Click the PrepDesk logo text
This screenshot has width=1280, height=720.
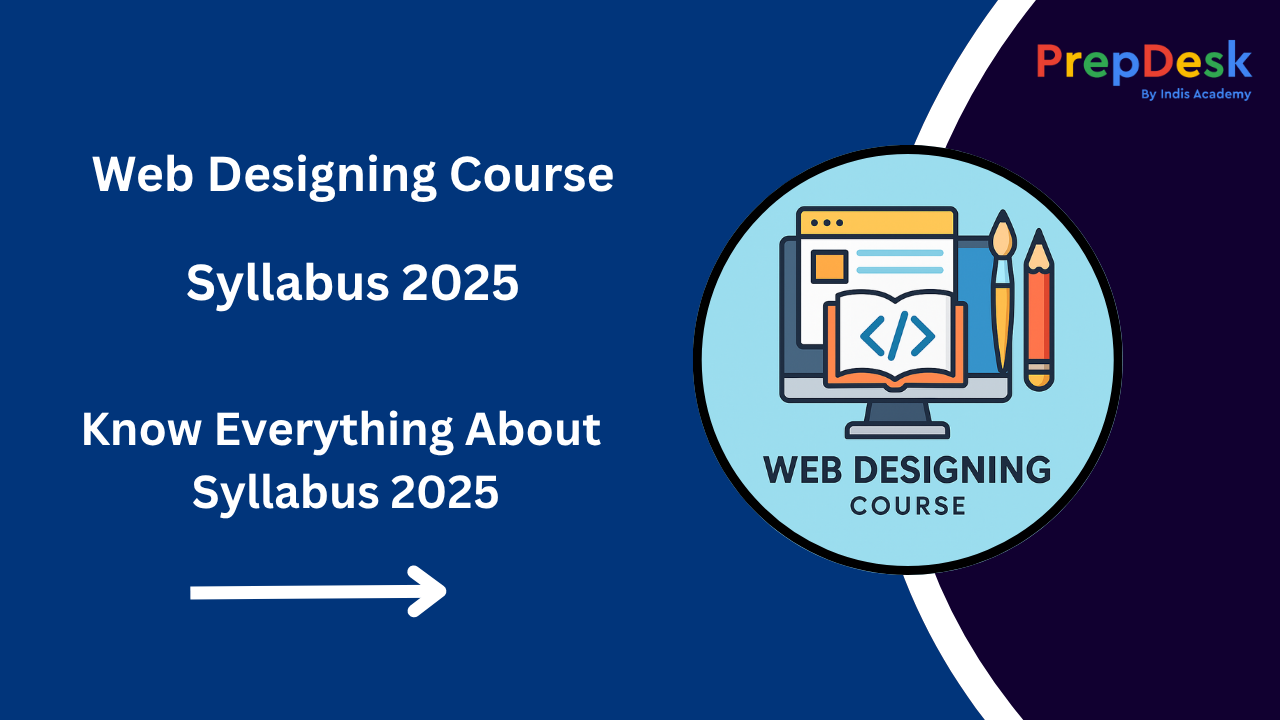point(1144,62)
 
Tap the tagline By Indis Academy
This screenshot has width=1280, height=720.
point(1196,94)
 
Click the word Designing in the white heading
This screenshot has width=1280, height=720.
point(322,175)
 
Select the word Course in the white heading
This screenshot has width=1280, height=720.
point(531,174)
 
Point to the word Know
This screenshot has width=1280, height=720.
point(141,429)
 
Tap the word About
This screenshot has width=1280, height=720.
point(533,429)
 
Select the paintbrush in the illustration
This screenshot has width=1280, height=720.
point(1002,291)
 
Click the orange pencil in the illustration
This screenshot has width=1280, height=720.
point(1039,310)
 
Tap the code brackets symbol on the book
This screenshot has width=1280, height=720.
point(897,335)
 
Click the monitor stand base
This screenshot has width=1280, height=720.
point(897,430)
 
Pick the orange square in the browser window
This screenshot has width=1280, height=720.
point(829,267)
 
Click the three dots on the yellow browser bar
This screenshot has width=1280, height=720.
point(827,222)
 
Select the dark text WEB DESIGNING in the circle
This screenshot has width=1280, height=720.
point(907,470)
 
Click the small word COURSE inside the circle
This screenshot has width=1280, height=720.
point(908,506)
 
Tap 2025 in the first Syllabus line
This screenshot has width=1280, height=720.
point(460,283)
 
